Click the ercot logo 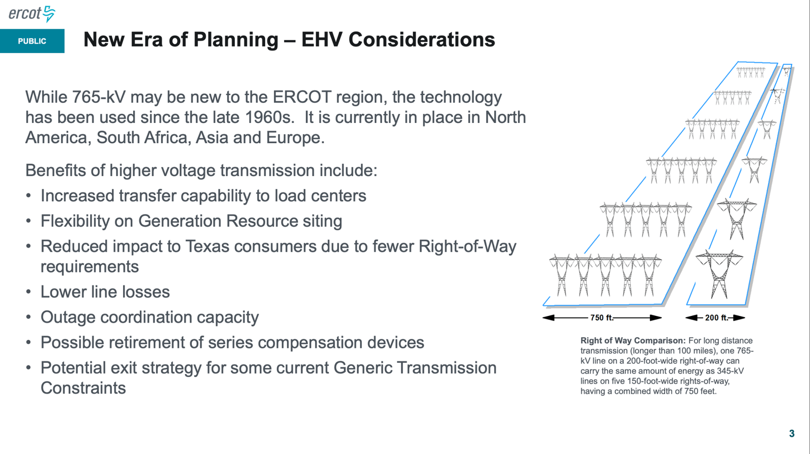(x=32, y=14)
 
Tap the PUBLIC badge (x=32, y=41)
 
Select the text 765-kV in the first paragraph (x=99, y=97)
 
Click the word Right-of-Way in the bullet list (x=467, y=246)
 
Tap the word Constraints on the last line (x=83, y=388)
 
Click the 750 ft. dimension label (x=602, y=318)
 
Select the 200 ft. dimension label (x=716, y=318)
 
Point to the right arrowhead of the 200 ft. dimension (x=739, y=318)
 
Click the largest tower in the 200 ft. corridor (x=719, y=274)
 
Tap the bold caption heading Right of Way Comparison (x=633, y=341)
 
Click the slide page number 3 (x=792, y=433)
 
